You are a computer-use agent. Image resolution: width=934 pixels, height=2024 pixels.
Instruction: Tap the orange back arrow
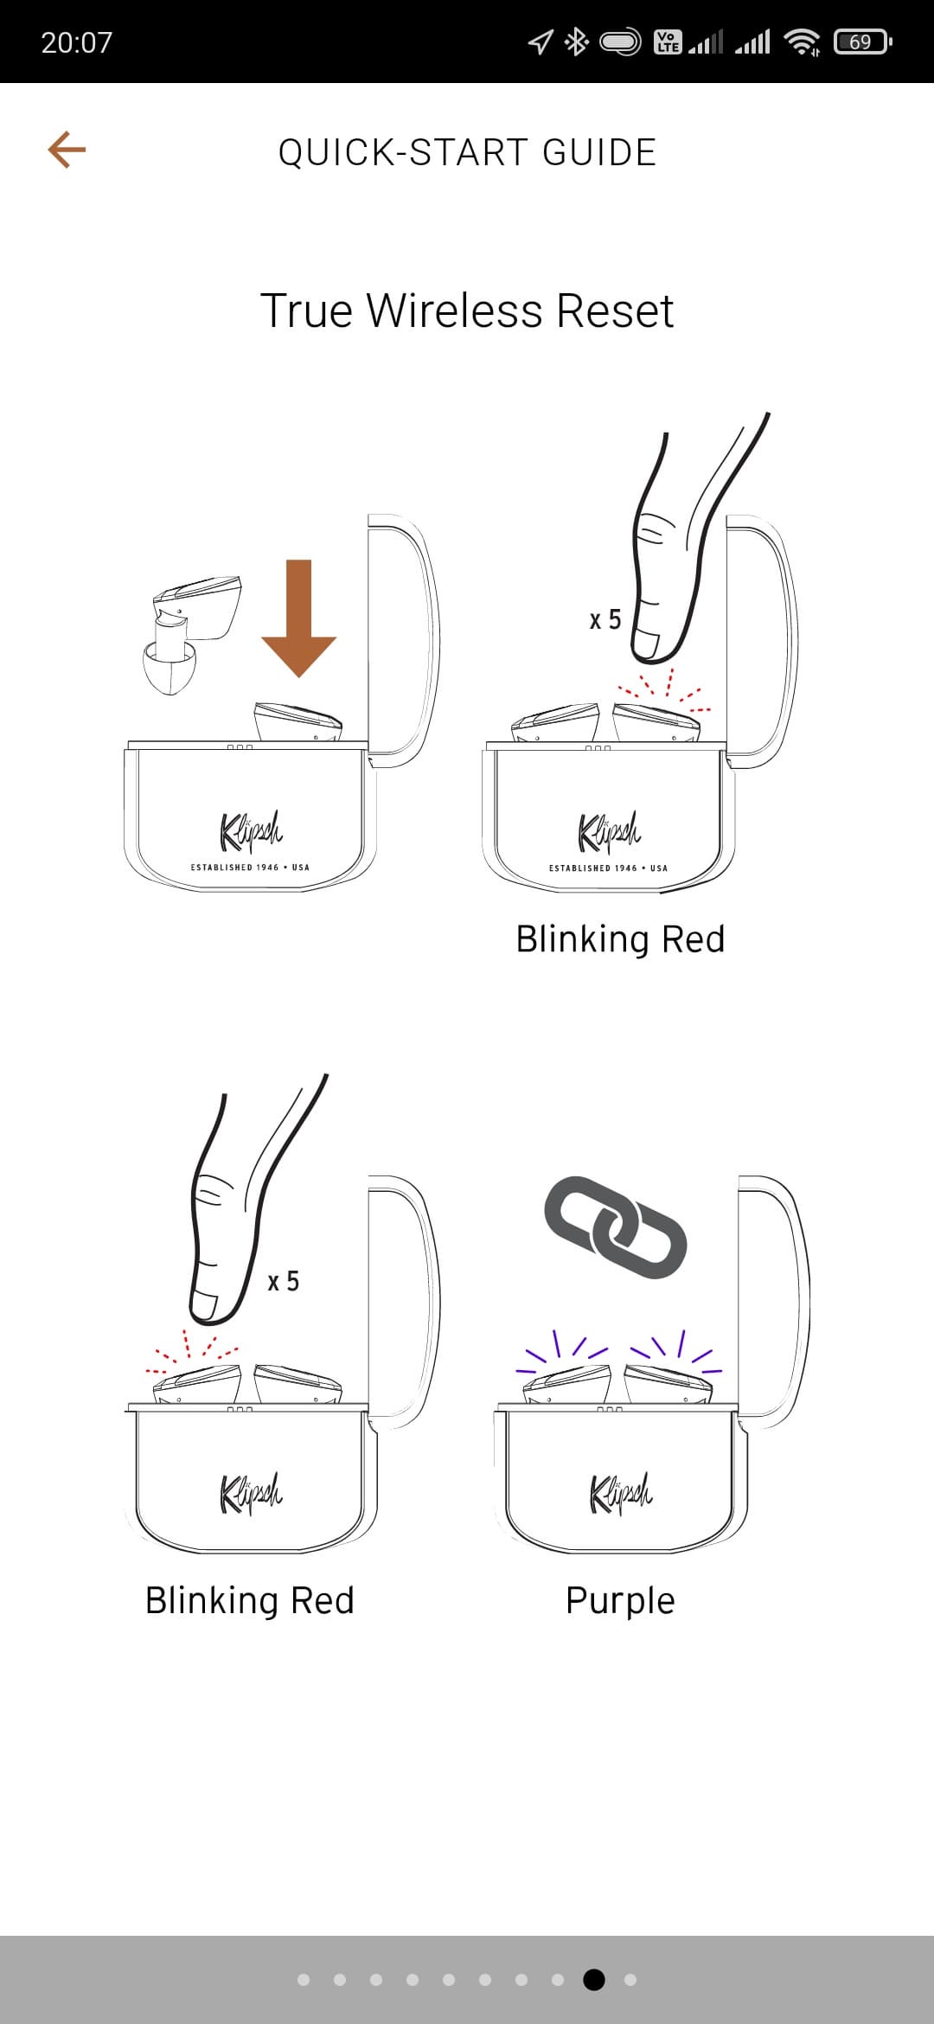coord(67,150)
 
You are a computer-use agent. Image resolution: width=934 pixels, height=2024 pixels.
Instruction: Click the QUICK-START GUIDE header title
coord(467,152)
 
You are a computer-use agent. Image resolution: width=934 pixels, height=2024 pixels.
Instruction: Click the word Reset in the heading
coord(615,311)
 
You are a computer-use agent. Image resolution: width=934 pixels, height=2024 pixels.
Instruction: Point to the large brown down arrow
coord(298,618)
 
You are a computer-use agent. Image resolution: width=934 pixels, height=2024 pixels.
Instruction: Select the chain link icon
coord(616,1227)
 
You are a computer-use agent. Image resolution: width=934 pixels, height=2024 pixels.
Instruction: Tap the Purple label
coord(620,1600)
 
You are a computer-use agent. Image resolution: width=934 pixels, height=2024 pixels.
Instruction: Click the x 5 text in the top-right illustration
coord(605,619)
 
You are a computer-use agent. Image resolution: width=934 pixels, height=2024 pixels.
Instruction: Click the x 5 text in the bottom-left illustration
coord(284,1281)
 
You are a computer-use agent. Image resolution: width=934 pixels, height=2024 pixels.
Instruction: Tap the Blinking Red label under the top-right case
coord(620,938)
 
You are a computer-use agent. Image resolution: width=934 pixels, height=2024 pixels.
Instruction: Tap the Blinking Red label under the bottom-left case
coord(250,1600)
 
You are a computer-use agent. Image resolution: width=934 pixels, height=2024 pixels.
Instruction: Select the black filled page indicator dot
coord(594,1979)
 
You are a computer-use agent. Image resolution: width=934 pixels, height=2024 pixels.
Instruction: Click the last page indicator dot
coord(630,1979)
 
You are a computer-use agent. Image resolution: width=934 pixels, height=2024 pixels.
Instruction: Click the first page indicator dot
coord(304,1979)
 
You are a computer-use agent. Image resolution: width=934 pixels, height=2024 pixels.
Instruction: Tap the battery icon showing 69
coord(862,42)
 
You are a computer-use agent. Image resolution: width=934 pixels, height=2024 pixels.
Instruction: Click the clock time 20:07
coord(77,42)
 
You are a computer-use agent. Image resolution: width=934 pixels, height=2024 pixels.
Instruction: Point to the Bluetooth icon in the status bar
coord(576,42)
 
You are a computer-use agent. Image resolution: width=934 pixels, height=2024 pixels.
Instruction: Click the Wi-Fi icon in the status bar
coord(803,42)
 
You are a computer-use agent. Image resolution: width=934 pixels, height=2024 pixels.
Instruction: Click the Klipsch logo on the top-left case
coord(251,830)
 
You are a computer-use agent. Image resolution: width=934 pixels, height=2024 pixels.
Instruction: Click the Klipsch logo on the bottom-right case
coord(621,1493)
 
